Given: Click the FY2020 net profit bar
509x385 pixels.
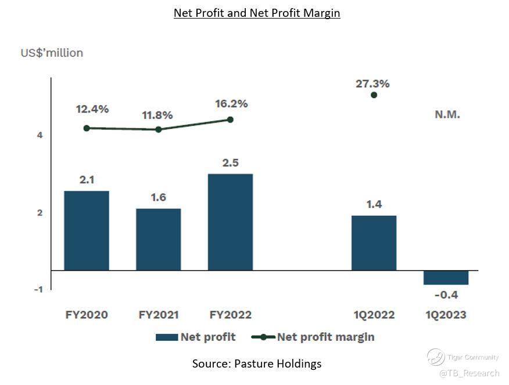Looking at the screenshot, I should coord(87,231).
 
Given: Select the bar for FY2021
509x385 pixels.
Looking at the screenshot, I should coord(158,239).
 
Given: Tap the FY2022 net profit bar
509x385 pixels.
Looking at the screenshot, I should coord(230,222).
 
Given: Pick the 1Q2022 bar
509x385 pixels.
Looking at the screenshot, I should coord(374,243).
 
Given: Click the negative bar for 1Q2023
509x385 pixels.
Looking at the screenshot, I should coord(446,278).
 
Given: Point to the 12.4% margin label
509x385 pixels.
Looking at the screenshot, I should coord(92,109).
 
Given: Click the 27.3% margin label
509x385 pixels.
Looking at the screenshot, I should coord(372,84).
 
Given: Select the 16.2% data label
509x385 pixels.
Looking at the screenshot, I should coord(231,104).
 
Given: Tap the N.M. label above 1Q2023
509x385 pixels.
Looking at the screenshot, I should coord(447,114).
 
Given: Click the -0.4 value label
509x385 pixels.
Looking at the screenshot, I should coord(446,295).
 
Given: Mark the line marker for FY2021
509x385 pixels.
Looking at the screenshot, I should coord(159,129).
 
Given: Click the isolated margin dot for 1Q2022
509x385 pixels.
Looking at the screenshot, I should coord(374,95).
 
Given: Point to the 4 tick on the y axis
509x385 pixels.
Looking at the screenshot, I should coord(40,135).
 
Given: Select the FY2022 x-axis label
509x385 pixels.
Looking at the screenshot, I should coord(231,315).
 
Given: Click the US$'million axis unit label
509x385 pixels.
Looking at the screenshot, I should coord(52,53).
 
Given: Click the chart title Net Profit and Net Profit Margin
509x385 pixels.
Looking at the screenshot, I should coord(257,13).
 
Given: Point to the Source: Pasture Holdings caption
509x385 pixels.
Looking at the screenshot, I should coord(257,364).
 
